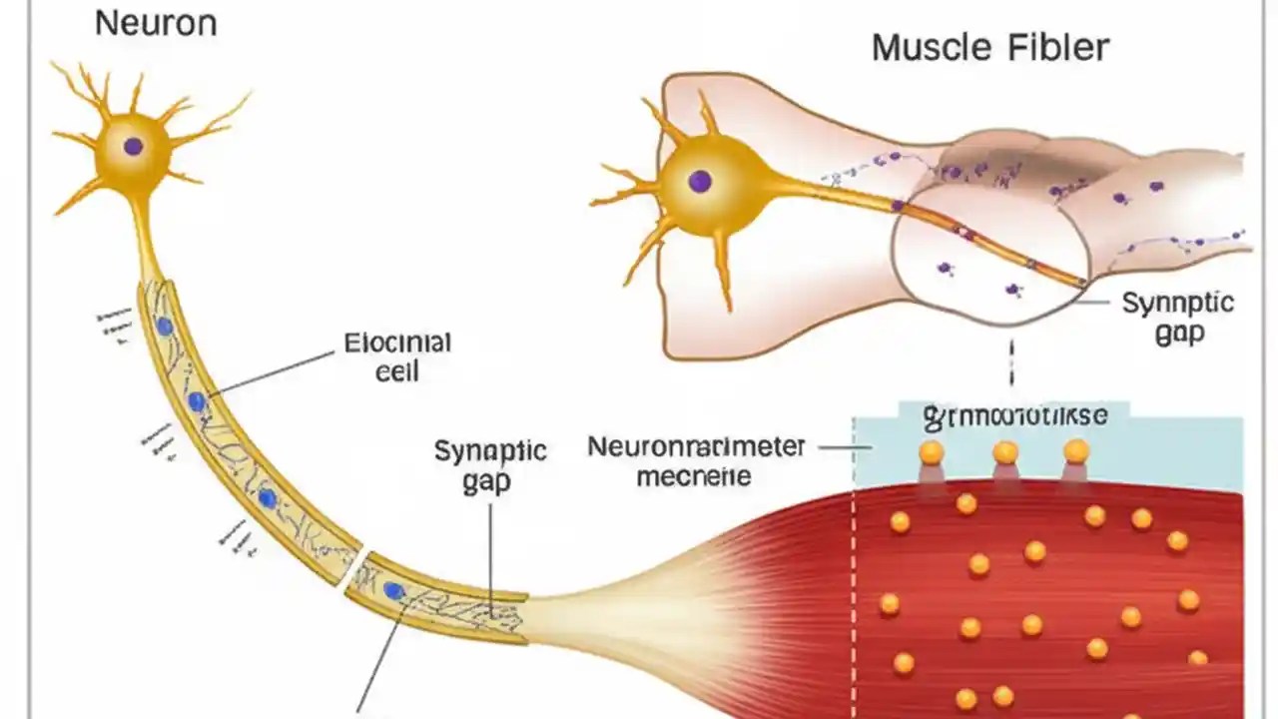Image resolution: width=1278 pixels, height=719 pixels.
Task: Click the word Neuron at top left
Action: pos(155,24)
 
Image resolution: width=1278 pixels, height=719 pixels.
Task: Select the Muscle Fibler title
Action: pos(989,47)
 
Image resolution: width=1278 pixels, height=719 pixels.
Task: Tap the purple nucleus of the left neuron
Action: pos(133,147)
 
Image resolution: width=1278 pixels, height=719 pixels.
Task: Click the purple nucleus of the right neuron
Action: pos(699,182)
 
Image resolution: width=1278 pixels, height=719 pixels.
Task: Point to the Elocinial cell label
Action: pos(397,358)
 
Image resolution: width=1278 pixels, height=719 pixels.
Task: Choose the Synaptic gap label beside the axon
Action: pos(490,465)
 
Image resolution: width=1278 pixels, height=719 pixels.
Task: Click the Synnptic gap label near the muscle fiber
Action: pos(1178,318)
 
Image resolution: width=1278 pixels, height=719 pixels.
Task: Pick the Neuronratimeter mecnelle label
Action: pos(696,460)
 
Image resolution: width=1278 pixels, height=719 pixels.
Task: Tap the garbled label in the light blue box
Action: pos(1014,415)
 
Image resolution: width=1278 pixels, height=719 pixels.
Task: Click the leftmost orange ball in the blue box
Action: pos(931,453)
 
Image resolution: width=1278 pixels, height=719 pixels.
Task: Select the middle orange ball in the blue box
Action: pos(1004,453)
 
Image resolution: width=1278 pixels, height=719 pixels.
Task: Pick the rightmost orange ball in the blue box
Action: pos(1075,451)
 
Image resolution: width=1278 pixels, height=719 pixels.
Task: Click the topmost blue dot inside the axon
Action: pos(164,327)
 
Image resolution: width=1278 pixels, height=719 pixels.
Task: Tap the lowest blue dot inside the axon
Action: pos(393,591)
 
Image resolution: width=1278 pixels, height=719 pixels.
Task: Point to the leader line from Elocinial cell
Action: pos(270,372)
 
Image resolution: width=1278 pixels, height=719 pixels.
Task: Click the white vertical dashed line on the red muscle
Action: pos(854,599)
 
